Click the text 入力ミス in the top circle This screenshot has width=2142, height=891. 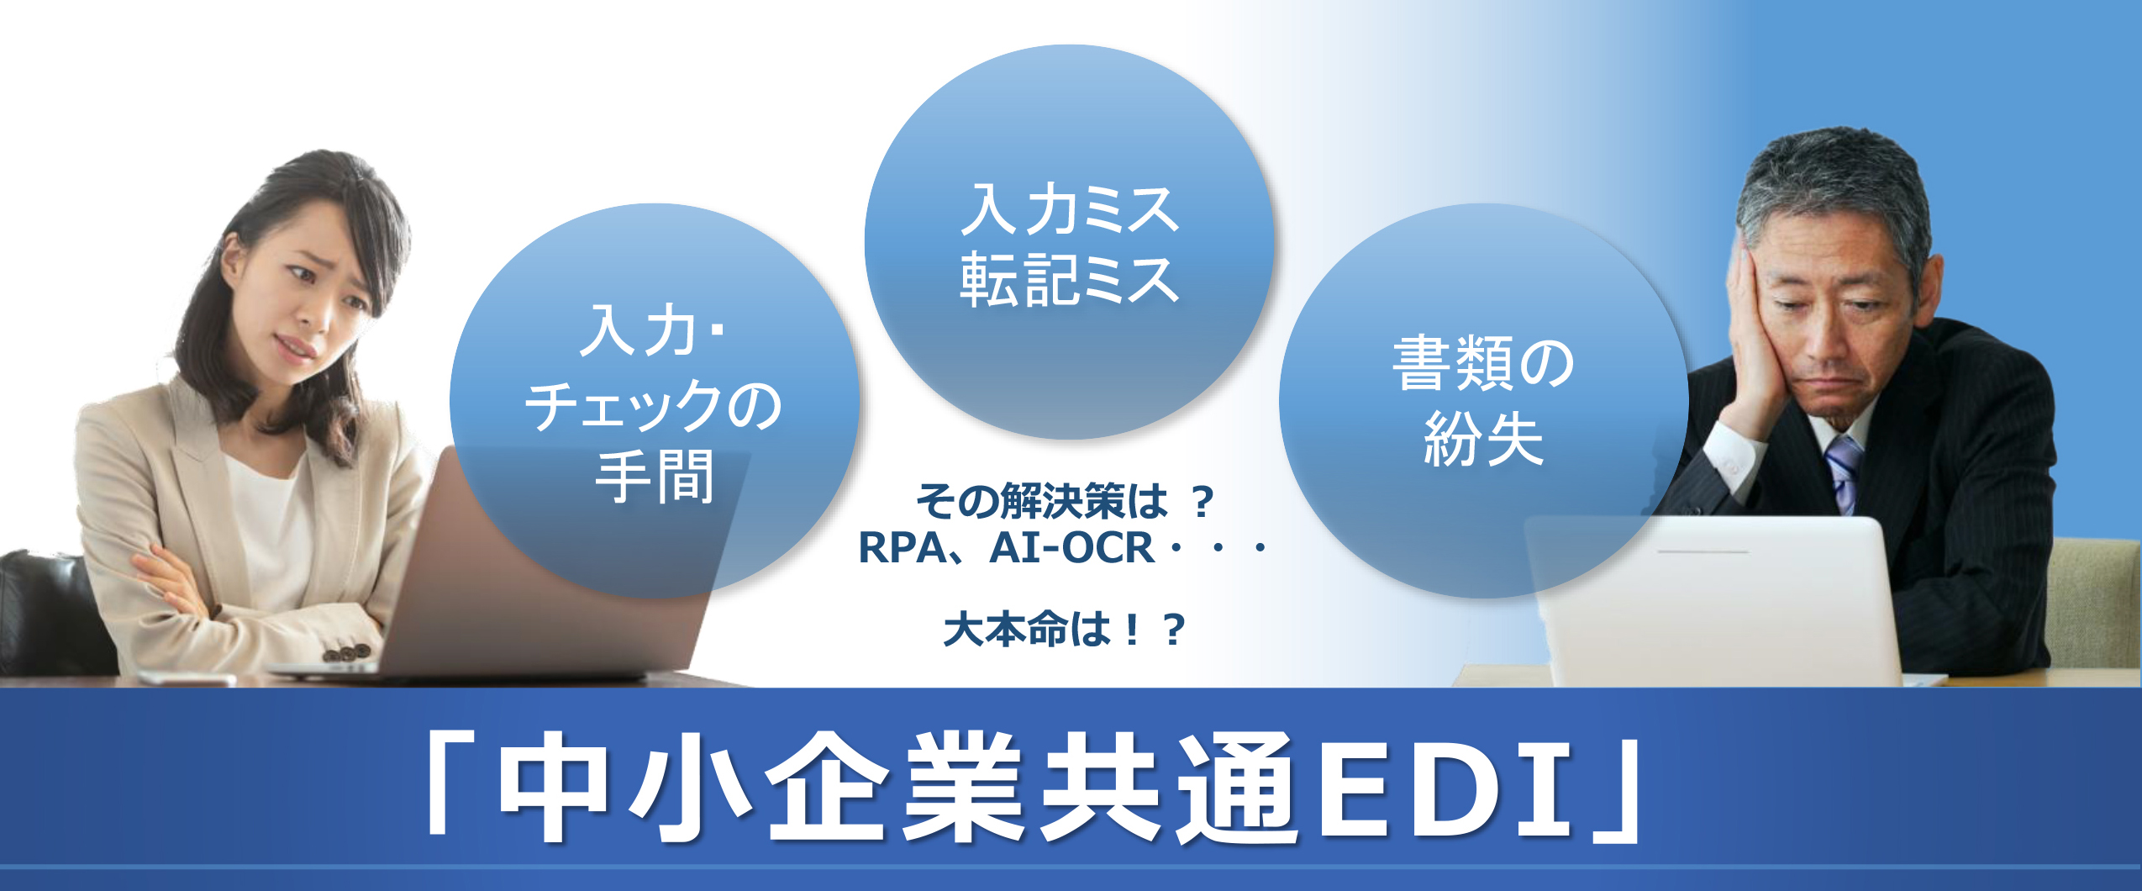pyautogui.click(x=1069, y=209)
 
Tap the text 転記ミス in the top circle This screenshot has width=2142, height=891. pyautogui.click(x=1069, y=279)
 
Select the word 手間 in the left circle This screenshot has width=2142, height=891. pyautogui.click(x=654, y=477)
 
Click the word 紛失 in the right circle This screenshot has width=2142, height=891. pyautogui.click(x=1484, y=438)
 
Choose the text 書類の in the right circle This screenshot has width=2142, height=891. pyautogui.click(x=1484, y=363)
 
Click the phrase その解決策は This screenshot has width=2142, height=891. pyautogui.click(x=1041, y=501)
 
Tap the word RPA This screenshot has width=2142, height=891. pyautogui.click(x=903, y=548)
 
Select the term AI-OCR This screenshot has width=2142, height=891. pyautogui.click(x=1072, y=548)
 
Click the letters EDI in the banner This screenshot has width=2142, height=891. pyautogui.click(x=1445, y=790)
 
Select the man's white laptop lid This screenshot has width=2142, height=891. pyautogui.click(x=1714, y=601)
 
